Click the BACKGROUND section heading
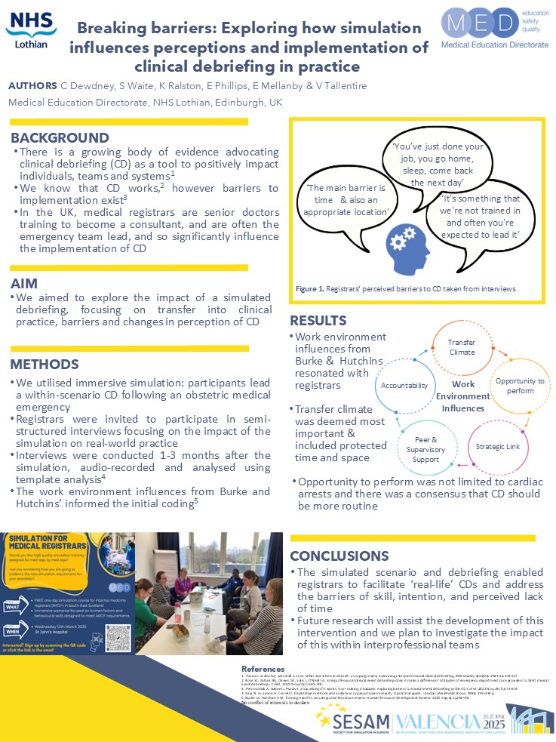(x=60, y=137)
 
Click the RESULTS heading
(x=318, y=320)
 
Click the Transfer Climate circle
(x=462, y=346)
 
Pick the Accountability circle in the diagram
(x=404, y=385)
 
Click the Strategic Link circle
(x=497, y=446)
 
